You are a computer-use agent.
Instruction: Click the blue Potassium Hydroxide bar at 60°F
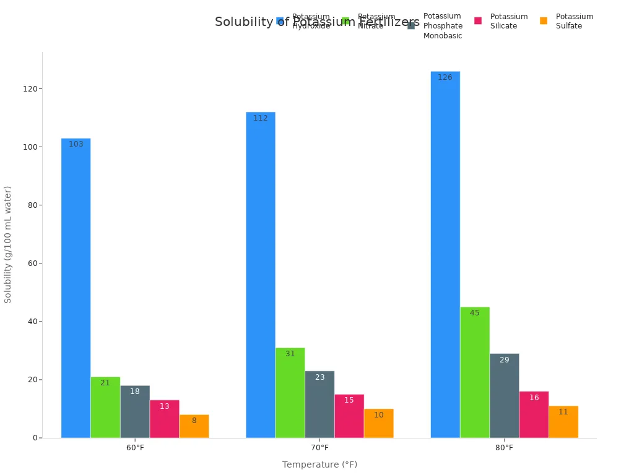[76, 288]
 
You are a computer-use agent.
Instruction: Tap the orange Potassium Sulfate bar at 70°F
[378, 424]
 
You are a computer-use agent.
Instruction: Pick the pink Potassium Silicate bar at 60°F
[164, 419]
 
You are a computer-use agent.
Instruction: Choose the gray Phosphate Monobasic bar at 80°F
[504, 396]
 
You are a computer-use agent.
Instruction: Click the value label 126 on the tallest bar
[445, 78]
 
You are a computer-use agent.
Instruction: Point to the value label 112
[260, 118]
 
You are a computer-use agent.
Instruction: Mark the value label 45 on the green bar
[474, 313]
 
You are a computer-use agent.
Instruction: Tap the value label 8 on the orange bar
[194, 421]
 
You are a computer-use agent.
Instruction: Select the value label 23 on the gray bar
[319, 377]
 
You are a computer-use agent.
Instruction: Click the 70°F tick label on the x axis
[319, 448]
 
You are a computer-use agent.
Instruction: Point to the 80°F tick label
[504, 448]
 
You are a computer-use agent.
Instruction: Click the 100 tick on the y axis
[28, 147]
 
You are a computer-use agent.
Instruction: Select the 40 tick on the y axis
[30, 322]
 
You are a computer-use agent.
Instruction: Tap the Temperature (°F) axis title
[319, 464]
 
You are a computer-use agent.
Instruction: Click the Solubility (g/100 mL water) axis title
[8, 244]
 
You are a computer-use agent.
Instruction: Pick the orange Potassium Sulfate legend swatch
[544, 21]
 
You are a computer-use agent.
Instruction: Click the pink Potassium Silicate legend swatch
[478, 21]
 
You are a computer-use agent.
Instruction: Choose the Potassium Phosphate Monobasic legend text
[443, 26]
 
